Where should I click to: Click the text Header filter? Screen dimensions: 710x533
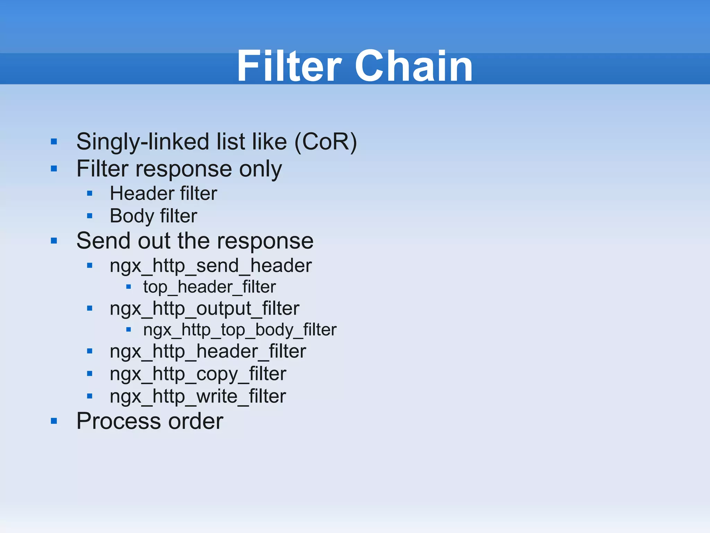pyautogui.click(x=163, y=193)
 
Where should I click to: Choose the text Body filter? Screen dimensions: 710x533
pyautogui.click(x=153, y=216)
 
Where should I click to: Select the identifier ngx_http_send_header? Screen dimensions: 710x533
pyautogui.click(x=210, y=266)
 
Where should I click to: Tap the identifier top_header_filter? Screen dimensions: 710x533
pyautogui.click(x=209, y=287)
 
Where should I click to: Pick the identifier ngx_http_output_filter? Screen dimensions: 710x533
pyautogui.click(x=204, y=308)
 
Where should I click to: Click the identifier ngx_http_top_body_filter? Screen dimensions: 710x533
pyautogui.click(x=240, y=330)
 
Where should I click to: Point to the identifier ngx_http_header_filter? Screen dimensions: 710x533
pyautogui.click(x=208, y=351)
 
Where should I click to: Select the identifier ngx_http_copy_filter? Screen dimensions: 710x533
pyautogui.click(x=198, y=374)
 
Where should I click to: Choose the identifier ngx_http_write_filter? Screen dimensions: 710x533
pyautogui.click(x=198, y=396)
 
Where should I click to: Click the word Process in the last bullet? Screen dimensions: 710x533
pyautogui.click(x=118, y=421)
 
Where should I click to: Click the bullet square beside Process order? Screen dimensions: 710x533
pyautogui.click(x=54, y=421)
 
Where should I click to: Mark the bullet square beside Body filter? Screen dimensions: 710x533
pyautogui.click(x=90, y=216)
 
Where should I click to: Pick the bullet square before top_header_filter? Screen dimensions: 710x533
pyautogui.click(x=129, y=287)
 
